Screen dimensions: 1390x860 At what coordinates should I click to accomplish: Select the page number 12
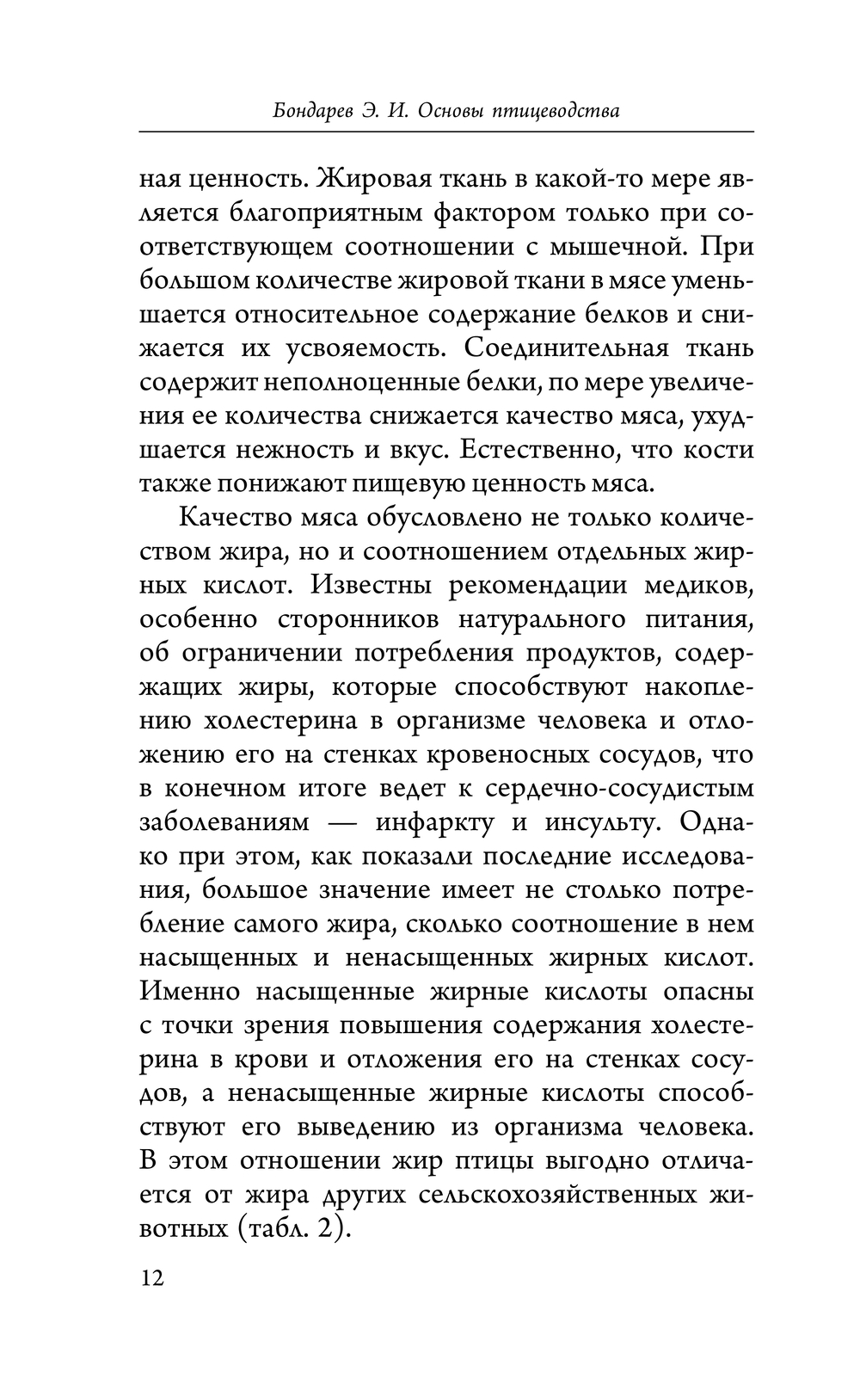coord(151,1276)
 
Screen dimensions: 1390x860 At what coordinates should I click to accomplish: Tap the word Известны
coord(371,585)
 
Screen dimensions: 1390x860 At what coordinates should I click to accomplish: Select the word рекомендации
coord(537,585)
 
